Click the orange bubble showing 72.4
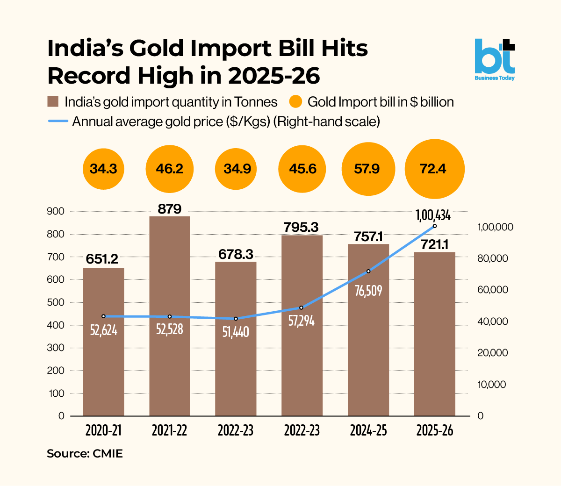pos(434,169)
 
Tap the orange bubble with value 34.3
pos(103,169)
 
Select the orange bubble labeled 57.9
pos(368,169)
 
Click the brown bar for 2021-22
pos(170,316)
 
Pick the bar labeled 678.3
pos(236,339)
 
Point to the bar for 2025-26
pos(434,334)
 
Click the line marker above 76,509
pos(368,271)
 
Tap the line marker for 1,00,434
pos(434,226)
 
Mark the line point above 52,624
pos(103,316)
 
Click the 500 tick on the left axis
pos(55,302)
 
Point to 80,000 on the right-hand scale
pos(493,258)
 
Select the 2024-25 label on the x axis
pos(368,431)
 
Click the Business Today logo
pos(495,60)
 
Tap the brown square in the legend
pos(53,101)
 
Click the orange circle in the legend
pos(295,102)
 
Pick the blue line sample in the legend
pos(58,121)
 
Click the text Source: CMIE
pos(85,453)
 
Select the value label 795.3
pos(301,227)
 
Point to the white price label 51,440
pos(236,332)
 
